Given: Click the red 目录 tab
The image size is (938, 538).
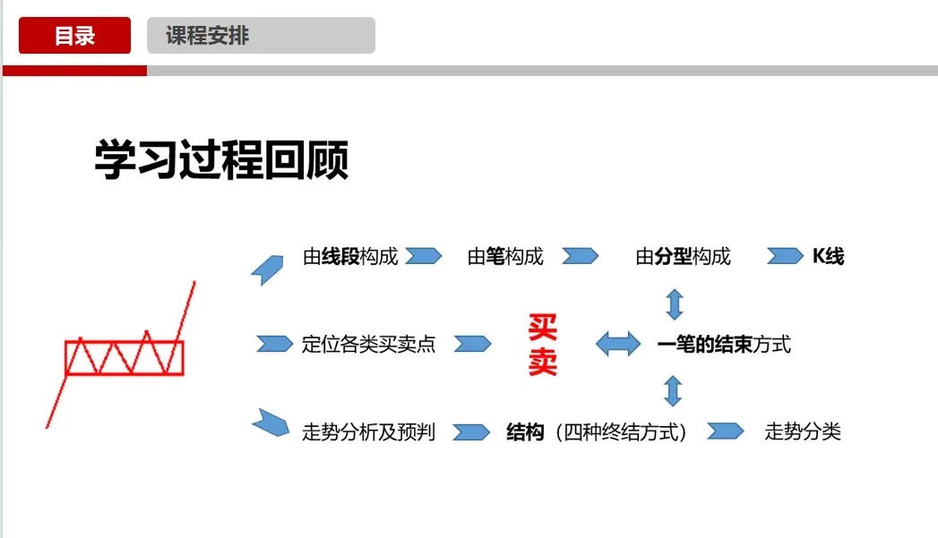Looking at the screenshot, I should pos(74,36).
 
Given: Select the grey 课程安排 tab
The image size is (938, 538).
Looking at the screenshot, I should pos(260,36).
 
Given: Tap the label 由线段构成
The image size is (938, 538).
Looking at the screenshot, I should pos(350,257).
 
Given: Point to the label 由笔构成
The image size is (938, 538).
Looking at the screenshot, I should pos(505,257).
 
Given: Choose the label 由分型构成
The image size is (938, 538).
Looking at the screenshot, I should pos(683,257).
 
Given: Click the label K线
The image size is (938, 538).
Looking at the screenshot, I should pos(828,257).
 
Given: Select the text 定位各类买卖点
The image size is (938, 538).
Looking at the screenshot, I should pos(368,345).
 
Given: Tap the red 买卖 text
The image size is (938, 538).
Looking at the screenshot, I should pos(542,345).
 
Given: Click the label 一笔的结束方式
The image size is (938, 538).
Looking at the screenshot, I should pos(724,345).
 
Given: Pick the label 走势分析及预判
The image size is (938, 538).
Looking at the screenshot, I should pos(368,432).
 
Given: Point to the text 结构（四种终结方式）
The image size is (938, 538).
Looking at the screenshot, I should pos(597,432).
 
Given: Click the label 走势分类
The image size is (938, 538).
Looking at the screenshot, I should pos(803,432).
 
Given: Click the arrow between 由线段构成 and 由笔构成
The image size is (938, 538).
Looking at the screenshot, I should pos(423,257).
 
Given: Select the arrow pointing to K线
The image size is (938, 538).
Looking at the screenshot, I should pos(785,257).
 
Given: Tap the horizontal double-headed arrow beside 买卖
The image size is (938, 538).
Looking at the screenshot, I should pos(618,344).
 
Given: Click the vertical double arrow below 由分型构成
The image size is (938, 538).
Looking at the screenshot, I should pos(675,303).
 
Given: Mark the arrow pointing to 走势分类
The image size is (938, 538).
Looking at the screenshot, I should pos(726,431).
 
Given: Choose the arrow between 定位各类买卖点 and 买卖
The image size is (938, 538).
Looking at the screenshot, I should pos(472,344).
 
